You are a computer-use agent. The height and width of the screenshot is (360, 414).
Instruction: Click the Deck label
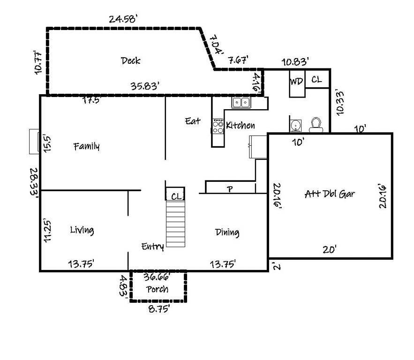tap(130, 60)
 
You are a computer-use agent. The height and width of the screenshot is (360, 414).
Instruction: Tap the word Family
tap(87, 146)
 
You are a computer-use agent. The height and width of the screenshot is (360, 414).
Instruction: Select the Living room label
tap(82, 230)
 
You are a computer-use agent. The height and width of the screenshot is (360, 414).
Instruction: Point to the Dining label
tap(227, 232)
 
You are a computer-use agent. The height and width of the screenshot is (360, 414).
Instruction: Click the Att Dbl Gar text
tap(329, 194)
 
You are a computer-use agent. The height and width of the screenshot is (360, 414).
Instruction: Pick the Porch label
tap(157, 289)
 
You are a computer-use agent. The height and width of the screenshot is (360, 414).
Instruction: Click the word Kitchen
tap(241, 125)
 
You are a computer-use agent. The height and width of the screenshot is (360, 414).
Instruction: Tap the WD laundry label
tap(296, 81)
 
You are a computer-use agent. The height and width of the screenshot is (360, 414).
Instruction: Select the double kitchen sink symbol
tap(241, 102)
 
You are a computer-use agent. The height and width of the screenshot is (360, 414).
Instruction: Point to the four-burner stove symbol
tap(218, 126)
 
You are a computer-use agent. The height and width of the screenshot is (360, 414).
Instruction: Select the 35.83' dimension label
tap(145, 86)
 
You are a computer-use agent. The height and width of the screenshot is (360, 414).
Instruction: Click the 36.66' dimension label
tap(157, 277)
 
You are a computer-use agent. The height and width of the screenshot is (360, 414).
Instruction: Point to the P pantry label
tap(230, 189)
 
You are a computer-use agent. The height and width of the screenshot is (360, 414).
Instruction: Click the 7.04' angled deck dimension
tap(217, 44)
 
